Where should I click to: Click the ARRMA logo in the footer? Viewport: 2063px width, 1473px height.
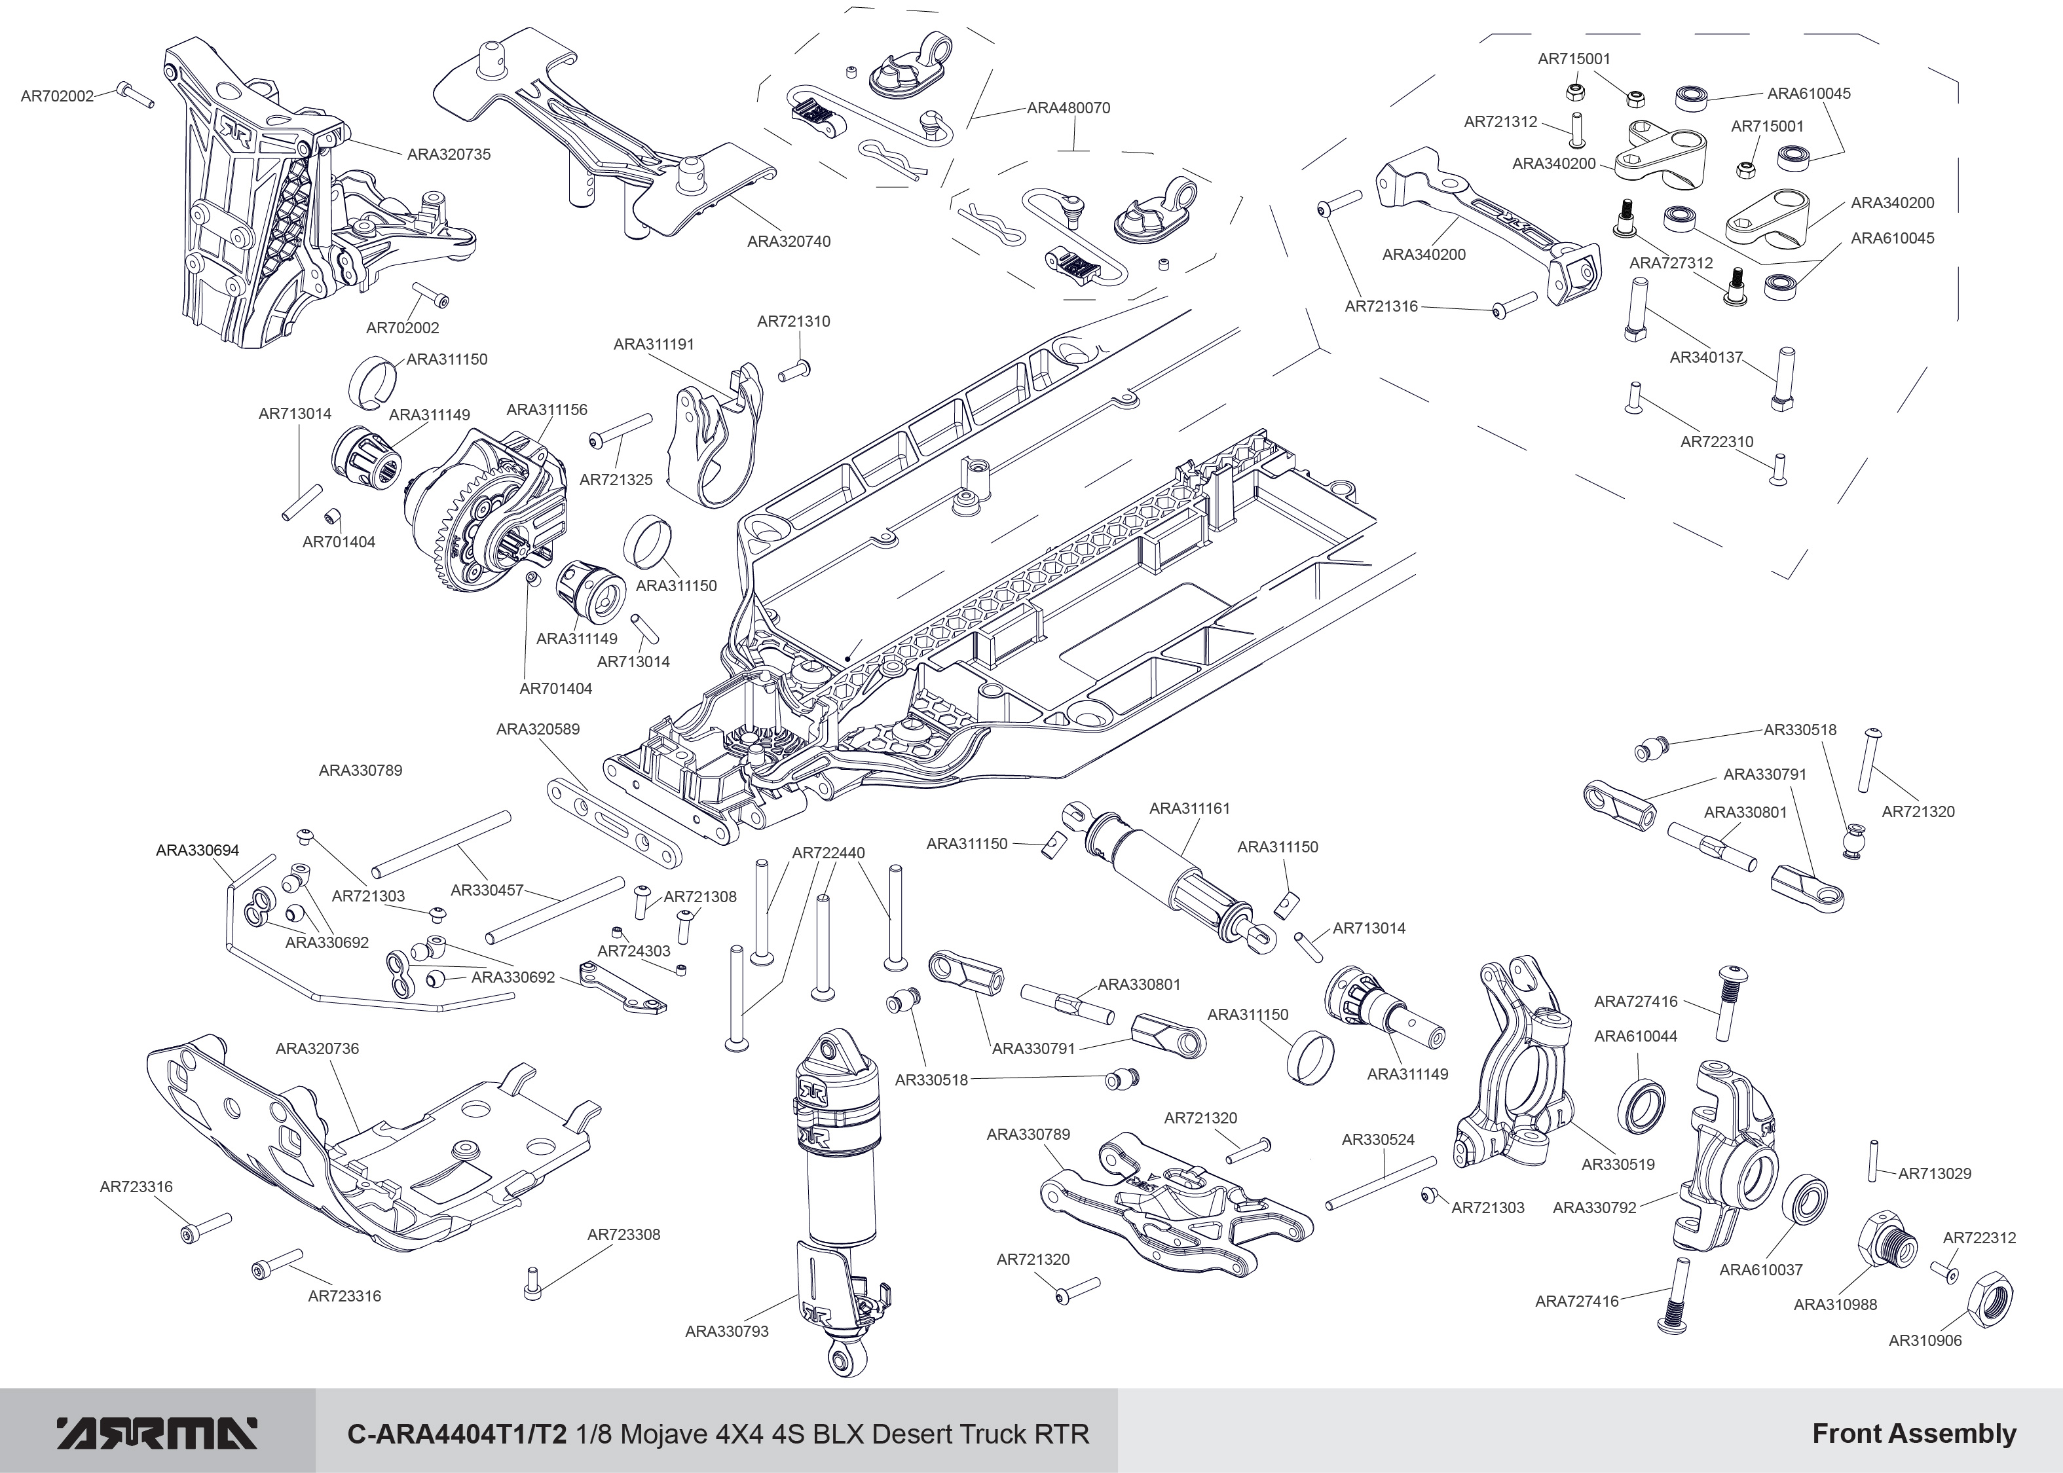157,1434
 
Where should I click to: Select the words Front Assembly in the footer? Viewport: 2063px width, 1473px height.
1914,1434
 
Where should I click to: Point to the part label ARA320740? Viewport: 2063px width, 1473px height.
789,242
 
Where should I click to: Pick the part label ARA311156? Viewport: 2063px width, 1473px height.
546,410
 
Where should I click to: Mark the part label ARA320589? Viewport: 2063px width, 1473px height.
537,729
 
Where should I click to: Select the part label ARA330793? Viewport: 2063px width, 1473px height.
727,1332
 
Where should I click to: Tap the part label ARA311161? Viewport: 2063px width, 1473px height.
1189,808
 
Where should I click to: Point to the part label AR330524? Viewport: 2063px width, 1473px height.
1377,1140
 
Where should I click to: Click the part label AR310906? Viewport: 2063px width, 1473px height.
1924,1341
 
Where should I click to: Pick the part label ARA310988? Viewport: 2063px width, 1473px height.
1834,1304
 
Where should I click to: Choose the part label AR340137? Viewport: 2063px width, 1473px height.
1705,357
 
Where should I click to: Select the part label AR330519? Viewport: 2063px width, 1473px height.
1618,1165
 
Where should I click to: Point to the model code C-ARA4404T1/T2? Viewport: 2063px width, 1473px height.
457,1434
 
